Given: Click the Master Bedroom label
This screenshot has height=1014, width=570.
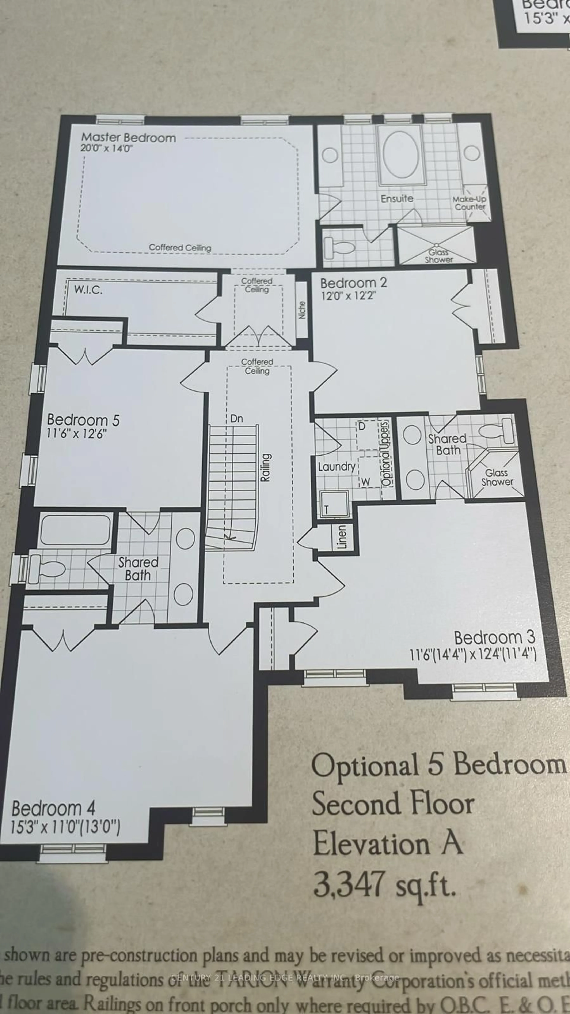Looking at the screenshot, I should (x=128, y=138).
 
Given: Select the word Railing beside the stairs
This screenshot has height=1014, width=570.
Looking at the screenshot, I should (x=266, y=467).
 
